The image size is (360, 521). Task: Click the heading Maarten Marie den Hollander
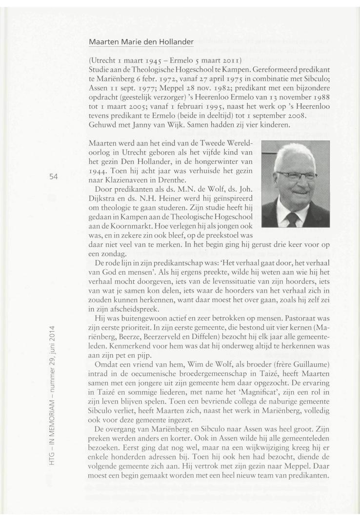pyautogui.click(x=141, y=42)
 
